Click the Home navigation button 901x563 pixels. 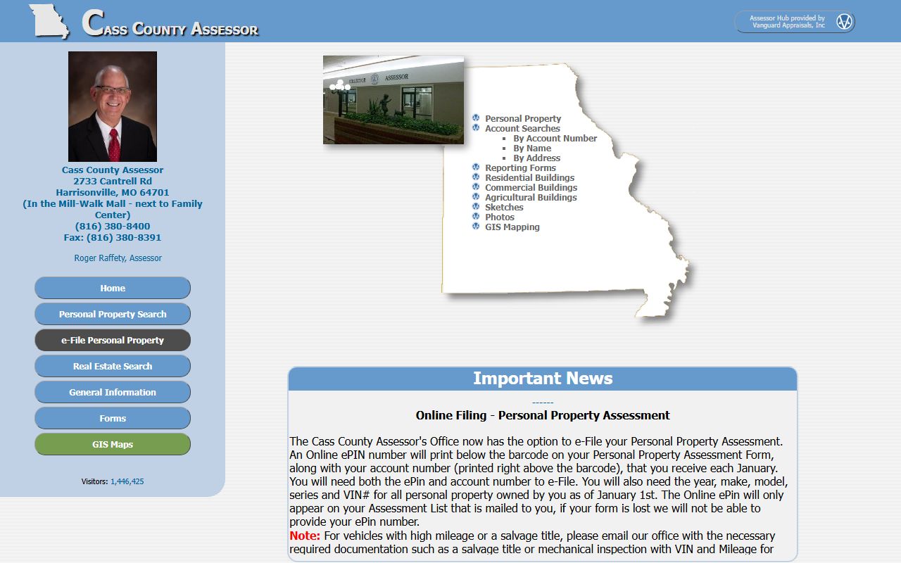pyautogui.click(x=113, y=288)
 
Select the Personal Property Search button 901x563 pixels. pyautogui.click(x=113, y=314)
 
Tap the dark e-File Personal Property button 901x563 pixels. pyautogui.click(x=113, y=340)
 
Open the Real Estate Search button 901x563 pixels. pyautogui.click(x=113, y=366)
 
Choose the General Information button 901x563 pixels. pyautogui.click(x=113, y=392)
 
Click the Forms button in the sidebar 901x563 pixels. pyautogui.click(x=113, y=418)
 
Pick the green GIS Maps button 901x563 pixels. pyautogui.click(x=113, y=444)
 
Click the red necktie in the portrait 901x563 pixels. pyautogui.click(x=114, y=144)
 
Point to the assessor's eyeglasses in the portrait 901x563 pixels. pyautogui.click(x=112, y=90)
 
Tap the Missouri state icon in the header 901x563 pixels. pyautogui.click(x=49, y=21)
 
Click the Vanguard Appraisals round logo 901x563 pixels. pyautogui.click(x=844, y=22)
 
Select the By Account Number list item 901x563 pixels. pyautogui.click(x=555, y=139)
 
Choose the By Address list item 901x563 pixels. pyautogui.click(x=536, y=158)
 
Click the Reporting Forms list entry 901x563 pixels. pyautogui.click(x=520, y=168)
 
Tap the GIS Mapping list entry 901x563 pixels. pyautogui.click(x=512, y=227)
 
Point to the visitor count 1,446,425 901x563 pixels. pyautogui.click(x=127, y=481)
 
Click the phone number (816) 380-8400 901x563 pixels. pyautogui.click(x=113, y=227)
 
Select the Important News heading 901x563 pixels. pyautogui.click(x=543, y=379)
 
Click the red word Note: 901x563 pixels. pyautogui.click(x=305, y=536)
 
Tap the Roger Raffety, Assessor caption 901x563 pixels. pyautogui.click(x=118, y=258)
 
